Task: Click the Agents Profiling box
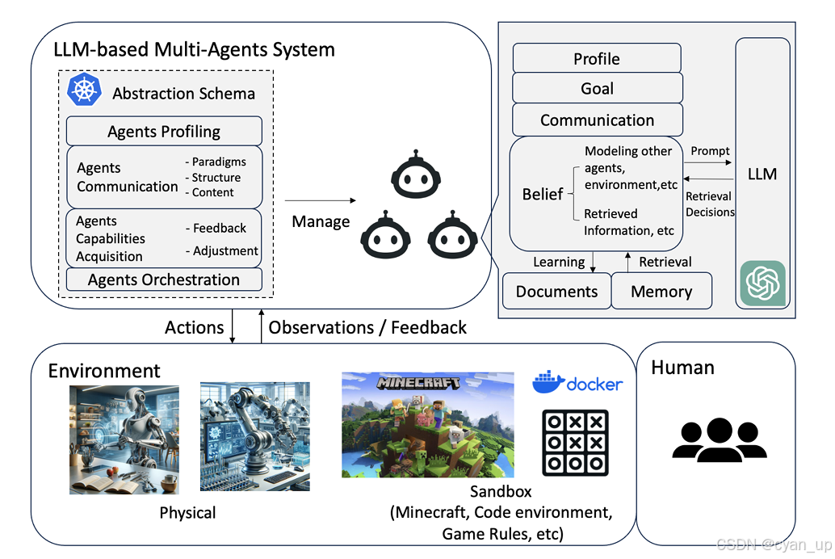click(x=164, y=131)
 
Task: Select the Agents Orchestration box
click(x=164, y=279)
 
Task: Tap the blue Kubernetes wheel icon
click(x=84, y=90)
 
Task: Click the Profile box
click(x=597, y=59)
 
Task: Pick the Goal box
click(x=597, y=89)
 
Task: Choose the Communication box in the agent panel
click(x=597, y=120)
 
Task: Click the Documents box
click(x=556, y=292)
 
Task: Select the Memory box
click(x=661, y=292)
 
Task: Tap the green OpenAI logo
click(x=762, y=283)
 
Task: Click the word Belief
click(x=543, y=194)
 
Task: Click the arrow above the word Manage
click(x=321, y=200)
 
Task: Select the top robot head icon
click(x=413, y=174)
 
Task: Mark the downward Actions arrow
click(x=233, y=327)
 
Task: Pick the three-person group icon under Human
click(x=718, y=440)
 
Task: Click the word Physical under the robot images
click(x=187, y=513)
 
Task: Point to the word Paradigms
click(x=219, y=162)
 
